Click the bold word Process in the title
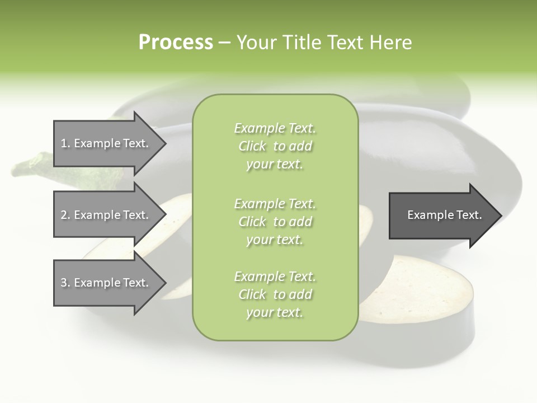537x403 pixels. click(176, 43)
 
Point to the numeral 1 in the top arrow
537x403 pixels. click(63, 143)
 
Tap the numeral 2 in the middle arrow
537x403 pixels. click(63, 215)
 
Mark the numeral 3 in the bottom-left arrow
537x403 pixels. click(63, 283)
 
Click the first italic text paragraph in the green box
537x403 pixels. click(275, 146)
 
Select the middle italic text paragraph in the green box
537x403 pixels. click(275, 222)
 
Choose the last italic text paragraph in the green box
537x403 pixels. click(275, 294)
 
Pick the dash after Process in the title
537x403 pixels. click(225, 43)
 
